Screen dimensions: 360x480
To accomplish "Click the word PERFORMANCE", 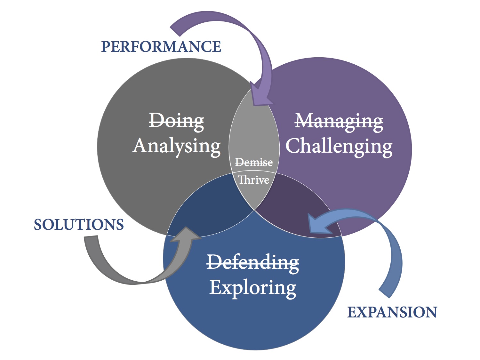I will pyautogui.click(x=161, y=47).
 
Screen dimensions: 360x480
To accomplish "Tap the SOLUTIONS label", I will pyautogui.click(x=79, y=225).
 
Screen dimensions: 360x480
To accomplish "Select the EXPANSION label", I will pyautogui.click(x=392, y=312).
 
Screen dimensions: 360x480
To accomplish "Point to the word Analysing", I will pyautogui.click(x=177, y=146).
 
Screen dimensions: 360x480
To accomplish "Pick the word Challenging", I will pyautogui.click(x=339, y=146).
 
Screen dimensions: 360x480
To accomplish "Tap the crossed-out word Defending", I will pyautogui.click(x=253, y=262).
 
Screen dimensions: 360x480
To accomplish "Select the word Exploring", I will pyautogui.click(x=253, y=287).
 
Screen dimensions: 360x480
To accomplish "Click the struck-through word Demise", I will pyautogui.click(x=254, y=163).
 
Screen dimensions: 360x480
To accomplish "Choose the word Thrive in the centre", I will pyautogui.click(x=254, y=180).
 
